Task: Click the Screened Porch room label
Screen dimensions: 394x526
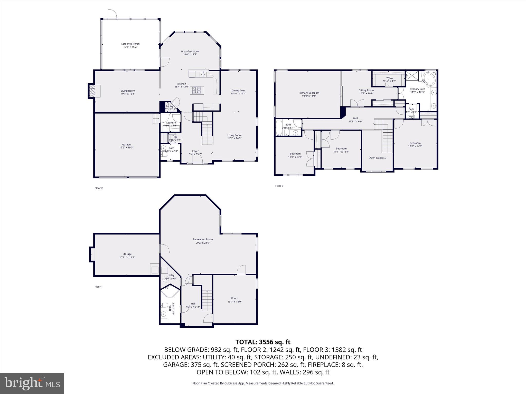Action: [x=130, y=44]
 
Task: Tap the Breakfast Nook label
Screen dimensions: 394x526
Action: [x=190, y=52]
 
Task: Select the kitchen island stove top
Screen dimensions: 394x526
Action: [x=197, y=90]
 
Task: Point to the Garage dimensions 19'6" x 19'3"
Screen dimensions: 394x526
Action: [x=126, y=148]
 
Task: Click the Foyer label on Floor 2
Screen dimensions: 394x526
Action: [x=195, y=151]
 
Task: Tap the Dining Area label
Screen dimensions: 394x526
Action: [x=238, y=91]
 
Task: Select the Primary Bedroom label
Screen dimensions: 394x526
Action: [x=309, y=93]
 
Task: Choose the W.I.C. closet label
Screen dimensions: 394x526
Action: [x=389, y=78]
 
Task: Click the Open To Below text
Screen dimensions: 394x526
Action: [x=378, y=158]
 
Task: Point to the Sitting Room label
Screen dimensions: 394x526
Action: [x=366, y=90]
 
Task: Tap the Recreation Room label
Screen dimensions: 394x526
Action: [x=203, y=239]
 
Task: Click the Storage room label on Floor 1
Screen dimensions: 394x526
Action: [x=127, y=254]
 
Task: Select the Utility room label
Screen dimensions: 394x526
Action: [x=171, y=275]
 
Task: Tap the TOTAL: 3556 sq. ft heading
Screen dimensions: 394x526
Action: [x=263, y=342]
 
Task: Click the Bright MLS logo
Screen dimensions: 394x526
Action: [x=32, y=383]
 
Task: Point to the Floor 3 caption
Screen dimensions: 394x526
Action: [x=279, y=186]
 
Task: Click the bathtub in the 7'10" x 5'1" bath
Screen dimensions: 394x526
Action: [x=279, y=128]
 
